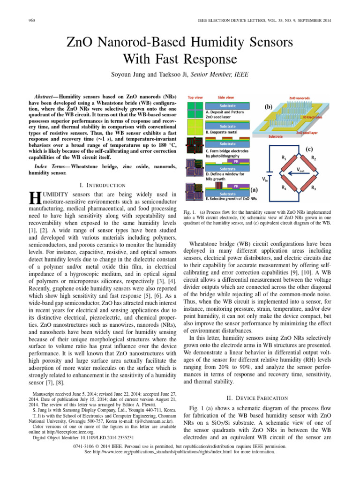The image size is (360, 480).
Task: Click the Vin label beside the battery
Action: (265, 179)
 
